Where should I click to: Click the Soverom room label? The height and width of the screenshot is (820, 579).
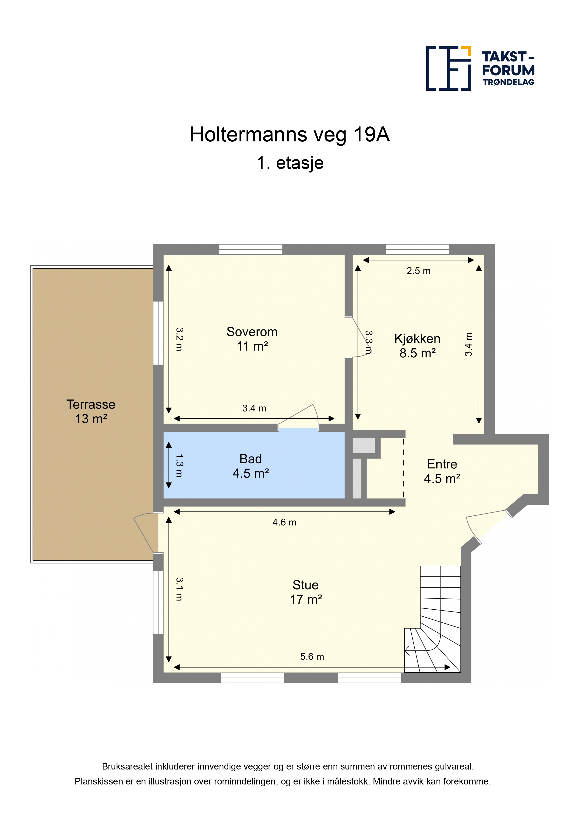click(x=252, y=332)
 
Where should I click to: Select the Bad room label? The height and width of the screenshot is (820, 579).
click(x=251, y=459)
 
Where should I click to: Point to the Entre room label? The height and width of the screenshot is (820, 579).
click(x=442, y=464)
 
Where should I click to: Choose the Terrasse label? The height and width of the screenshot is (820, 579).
click(x=91, y=404)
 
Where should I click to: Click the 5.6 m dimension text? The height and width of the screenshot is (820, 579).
click(x=312, y=656)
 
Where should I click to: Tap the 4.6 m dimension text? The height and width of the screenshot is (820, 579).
click(x=284, y=522)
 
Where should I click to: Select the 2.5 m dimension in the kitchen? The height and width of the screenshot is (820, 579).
click(x=418, y=271)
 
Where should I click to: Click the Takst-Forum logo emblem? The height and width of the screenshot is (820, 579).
click(x=448, y=68)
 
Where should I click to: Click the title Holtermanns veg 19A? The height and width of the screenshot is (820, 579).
click(x=290, y=135)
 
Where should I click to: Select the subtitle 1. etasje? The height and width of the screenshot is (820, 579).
click(x=290, y=163)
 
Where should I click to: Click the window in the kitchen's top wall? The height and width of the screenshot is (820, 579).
click(x=417, y=249)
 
